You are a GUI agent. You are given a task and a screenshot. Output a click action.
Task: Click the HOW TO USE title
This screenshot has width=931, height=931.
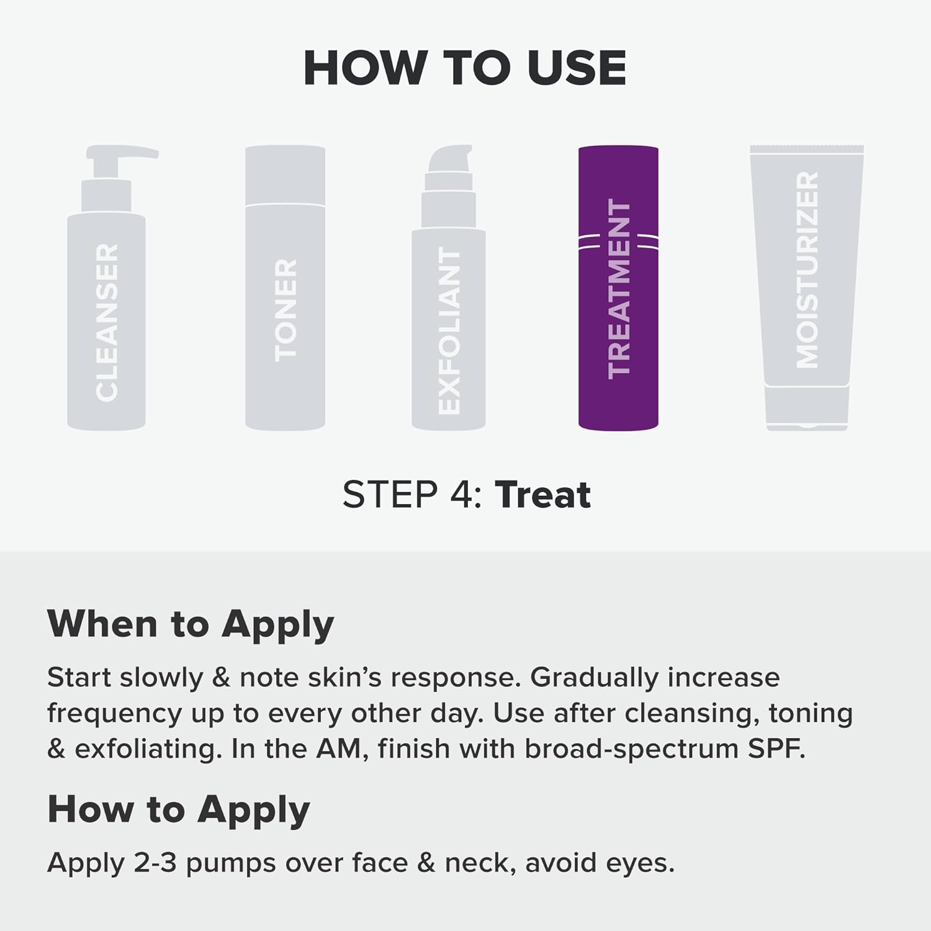click(x=465, y=68)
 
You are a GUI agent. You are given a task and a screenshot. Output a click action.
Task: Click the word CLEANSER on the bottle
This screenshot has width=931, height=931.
click(x=107, y=322)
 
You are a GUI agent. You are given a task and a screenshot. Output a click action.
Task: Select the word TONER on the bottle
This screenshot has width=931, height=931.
click(x=286, y=310)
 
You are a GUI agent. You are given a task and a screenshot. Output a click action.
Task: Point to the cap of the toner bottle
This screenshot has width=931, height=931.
click(x=285, y=175)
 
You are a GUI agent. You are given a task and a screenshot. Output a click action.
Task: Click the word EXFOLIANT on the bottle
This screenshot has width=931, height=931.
click(x=449, y=331)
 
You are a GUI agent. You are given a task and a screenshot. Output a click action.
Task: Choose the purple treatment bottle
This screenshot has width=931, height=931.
click(x=618, y=288)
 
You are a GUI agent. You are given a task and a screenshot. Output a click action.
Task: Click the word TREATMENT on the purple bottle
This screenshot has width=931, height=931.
click(x=619, y=289)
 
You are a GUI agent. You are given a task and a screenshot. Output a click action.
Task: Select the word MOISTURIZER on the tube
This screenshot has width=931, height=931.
click(x=807, y=270)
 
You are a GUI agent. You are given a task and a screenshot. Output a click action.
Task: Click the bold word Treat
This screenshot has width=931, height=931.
click(x=542, y=495)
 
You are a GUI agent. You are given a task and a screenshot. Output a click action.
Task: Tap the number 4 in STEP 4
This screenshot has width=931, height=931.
click(x=459, y=495)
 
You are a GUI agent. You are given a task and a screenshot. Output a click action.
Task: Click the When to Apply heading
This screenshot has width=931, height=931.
click(x=191, y=624)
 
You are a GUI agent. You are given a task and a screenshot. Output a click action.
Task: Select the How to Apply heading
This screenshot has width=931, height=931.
click(x=179, y=810)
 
